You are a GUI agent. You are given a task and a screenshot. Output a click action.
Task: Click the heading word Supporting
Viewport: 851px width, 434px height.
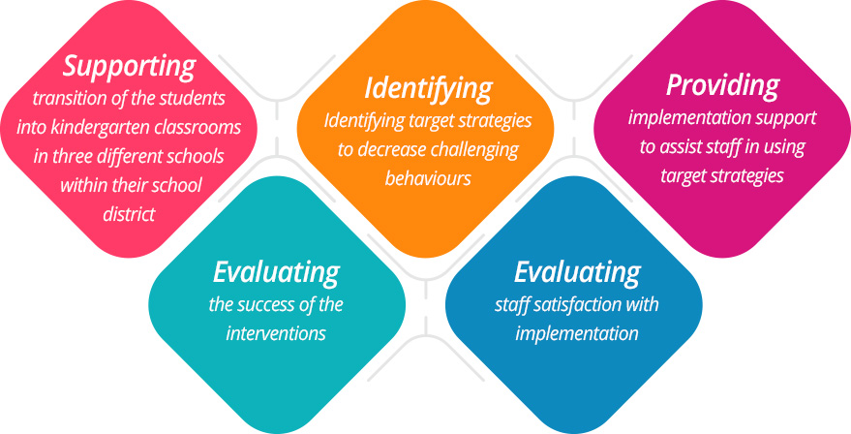[x=129, y=67]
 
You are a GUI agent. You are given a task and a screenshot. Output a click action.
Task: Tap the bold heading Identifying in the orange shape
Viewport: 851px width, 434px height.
[x=428, y=89]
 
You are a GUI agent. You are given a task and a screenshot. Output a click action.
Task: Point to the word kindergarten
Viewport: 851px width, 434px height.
[x=105, y=127]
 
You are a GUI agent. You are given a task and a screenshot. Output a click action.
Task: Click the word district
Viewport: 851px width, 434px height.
[x=129, y=214]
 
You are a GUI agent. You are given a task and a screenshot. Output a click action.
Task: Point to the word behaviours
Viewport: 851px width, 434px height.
[x=428, y=179]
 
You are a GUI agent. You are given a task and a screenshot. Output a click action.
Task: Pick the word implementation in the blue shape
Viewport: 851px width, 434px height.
[x=577, y=333]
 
